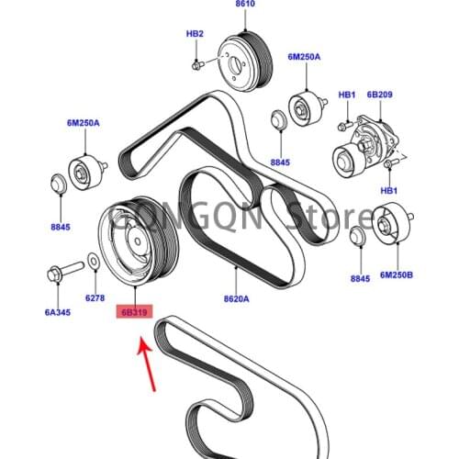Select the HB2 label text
pos(195,34)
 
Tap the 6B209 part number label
pos(379,94)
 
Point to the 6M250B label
pos(397,274)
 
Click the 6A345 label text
pos(58,313)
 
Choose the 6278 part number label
pos(96,298)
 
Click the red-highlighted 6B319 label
pos(137,313)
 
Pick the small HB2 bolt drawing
pos(196,65)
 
